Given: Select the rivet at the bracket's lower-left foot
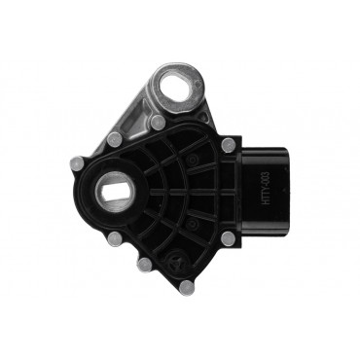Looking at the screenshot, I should [x=115, y=139].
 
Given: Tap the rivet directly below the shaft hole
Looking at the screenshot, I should [x=114, y=237].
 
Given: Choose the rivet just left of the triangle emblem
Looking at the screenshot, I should [x=144, y=264].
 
